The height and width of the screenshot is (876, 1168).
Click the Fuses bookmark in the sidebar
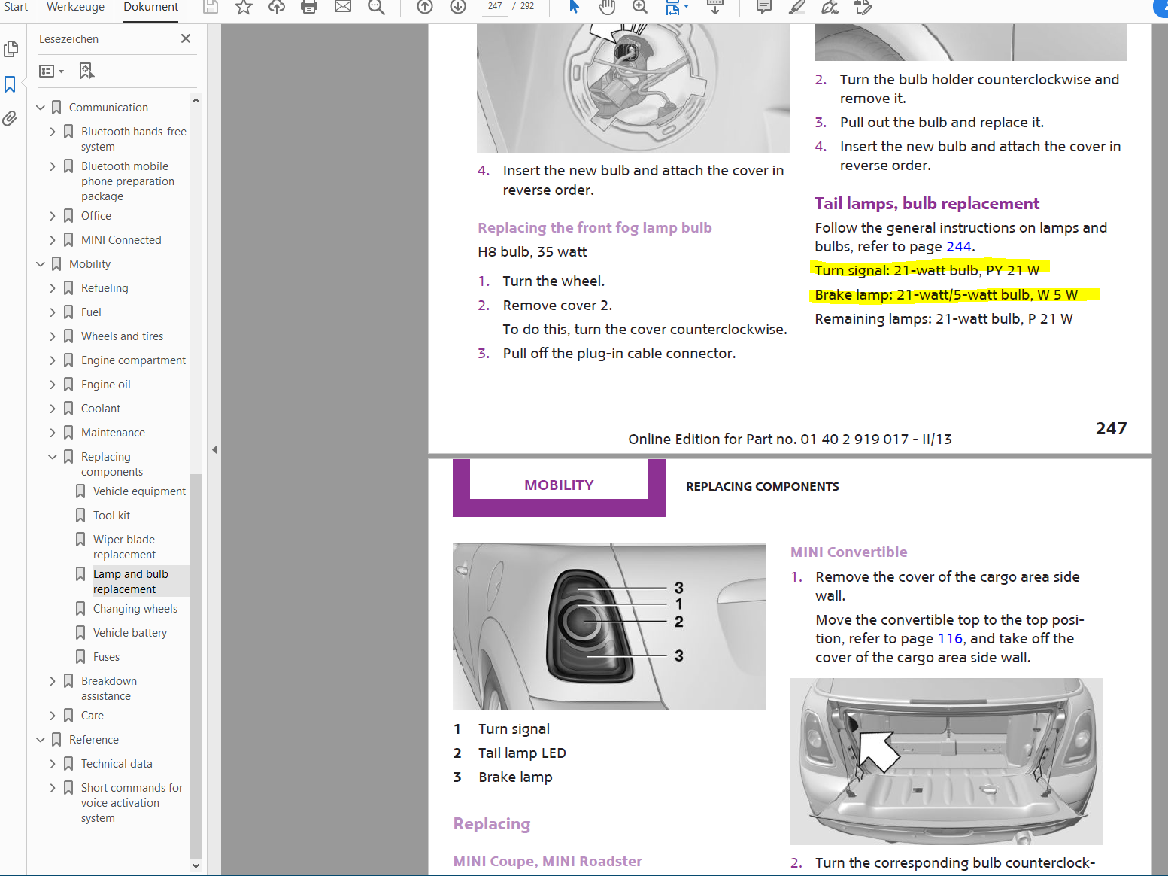point(106,657)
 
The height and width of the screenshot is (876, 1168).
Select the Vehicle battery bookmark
point(130,633)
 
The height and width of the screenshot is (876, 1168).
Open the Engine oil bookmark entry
point(105,385)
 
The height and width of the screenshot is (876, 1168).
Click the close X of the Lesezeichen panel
point(186,38)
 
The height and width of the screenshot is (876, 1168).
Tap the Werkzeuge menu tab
point(75,7)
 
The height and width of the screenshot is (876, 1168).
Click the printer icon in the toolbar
point(309,7)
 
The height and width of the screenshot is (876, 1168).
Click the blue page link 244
point(958,246)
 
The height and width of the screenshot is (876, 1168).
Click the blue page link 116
point(950,639)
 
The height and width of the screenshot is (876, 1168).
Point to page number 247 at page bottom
point(1111,428)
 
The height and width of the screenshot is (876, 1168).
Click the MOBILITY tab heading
point(559,485)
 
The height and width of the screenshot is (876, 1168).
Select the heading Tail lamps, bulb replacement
point(927,203)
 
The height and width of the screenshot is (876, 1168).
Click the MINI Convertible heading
point(848,552)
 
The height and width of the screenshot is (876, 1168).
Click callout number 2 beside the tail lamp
point(679,621)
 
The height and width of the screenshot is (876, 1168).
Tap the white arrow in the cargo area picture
point(878,750)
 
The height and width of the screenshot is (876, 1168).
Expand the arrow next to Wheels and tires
point(53,336)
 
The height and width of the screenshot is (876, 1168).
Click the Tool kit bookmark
point(111,516)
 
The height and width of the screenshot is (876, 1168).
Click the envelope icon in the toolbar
point(343,7)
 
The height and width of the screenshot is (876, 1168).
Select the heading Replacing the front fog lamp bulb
point(594,228)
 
